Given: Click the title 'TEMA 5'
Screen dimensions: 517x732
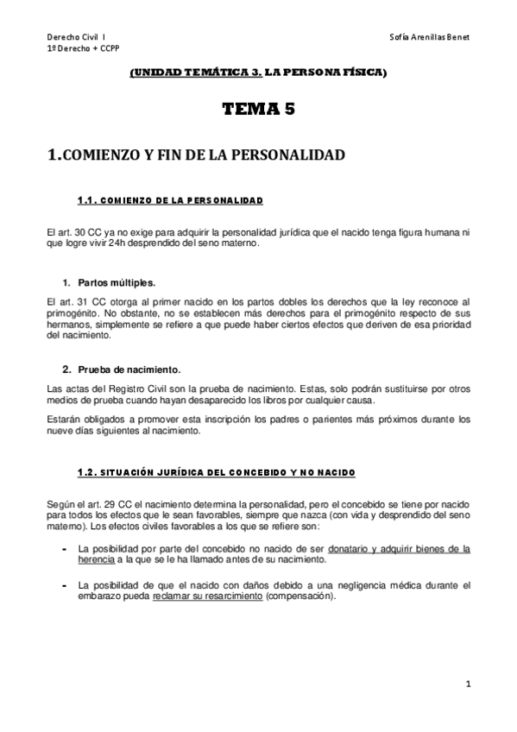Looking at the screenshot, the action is click(x=258, y=109).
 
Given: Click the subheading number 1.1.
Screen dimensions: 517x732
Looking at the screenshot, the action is click(x=90, y=201).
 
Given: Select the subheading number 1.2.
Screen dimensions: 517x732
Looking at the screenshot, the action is click(x=90, y=473).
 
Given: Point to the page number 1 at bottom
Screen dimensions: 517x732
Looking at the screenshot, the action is click(x=467, y=685).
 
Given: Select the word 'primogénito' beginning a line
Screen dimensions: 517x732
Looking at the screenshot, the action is click(x=71, y=311).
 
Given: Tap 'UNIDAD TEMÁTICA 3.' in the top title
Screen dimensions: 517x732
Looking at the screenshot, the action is click(x=182, y=75).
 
